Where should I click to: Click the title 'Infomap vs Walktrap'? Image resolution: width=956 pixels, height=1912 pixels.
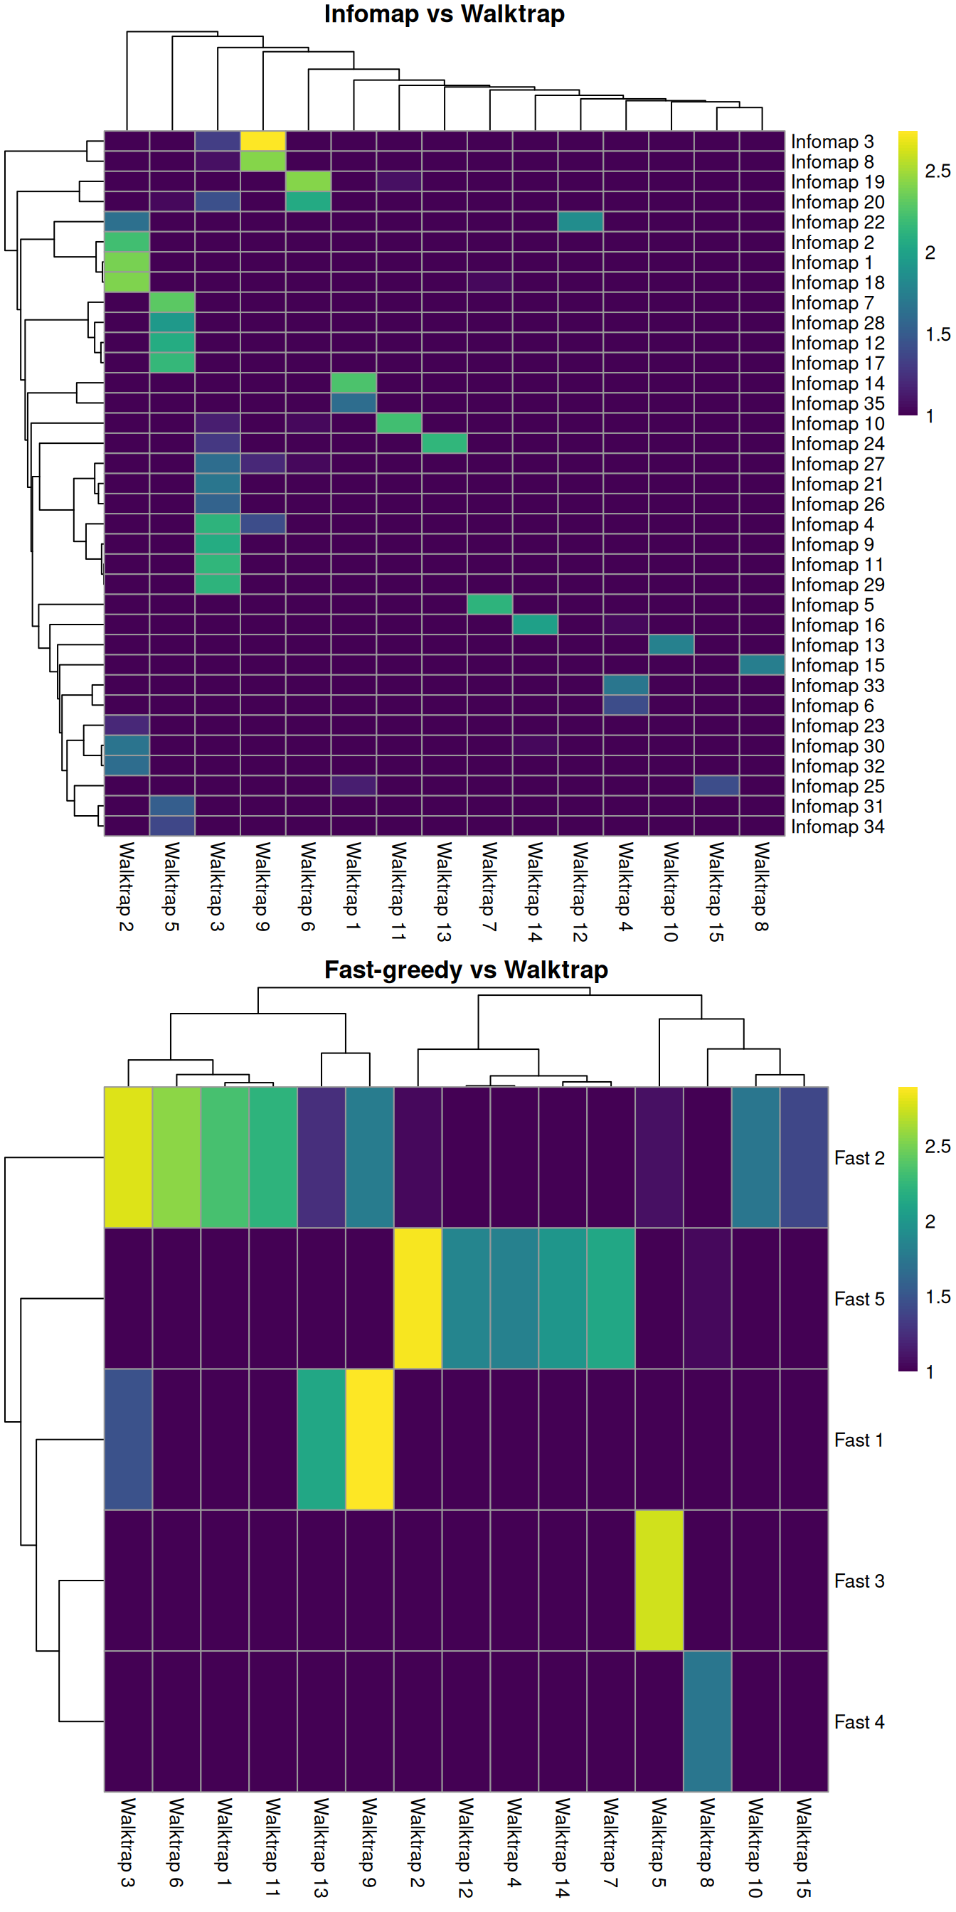coord(444,14)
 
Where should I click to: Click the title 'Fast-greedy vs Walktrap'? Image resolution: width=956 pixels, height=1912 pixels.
coord(465,970)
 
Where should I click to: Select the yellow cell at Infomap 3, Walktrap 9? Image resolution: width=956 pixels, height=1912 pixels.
coord(262,141)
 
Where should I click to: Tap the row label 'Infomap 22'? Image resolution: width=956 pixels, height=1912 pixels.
coord(837,222)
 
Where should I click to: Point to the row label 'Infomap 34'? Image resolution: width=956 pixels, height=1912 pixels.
coord(837,826)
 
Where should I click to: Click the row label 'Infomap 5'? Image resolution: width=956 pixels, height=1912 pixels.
coord(832,605)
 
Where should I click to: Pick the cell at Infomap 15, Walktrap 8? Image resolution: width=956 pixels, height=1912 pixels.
coord(762,665)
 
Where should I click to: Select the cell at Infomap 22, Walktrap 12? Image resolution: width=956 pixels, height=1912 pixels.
coord(580,222)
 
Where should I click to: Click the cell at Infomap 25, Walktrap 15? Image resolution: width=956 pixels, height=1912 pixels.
coord(716,785)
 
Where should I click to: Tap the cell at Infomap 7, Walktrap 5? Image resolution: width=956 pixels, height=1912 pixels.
coord(172,302)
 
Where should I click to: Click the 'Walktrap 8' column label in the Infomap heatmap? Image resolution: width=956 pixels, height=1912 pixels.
coord(762,886)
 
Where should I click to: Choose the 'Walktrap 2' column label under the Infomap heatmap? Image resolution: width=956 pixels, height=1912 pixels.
coord(126,886)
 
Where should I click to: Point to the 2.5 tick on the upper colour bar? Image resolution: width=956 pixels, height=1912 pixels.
coord(937,171)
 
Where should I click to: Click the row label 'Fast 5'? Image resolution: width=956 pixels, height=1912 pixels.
coord(859,1299)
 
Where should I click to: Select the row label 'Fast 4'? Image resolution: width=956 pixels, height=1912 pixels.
coord(859,1722)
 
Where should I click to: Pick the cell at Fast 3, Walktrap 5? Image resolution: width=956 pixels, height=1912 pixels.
coord(659,1581)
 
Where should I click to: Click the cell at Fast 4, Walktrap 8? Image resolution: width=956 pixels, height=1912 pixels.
coord(707,1722)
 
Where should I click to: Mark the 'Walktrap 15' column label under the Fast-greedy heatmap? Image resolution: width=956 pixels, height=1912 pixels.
coord(804,1847)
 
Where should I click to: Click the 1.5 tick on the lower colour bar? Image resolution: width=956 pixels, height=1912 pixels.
coord(937,1297)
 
